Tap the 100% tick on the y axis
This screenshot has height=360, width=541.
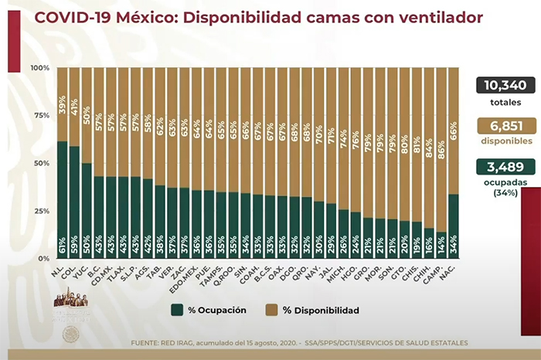click(x=39, y=68)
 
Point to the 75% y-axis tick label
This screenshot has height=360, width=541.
click(x=41, y=116)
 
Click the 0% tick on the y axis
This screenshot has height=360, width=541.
click(x=43, y=258)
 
